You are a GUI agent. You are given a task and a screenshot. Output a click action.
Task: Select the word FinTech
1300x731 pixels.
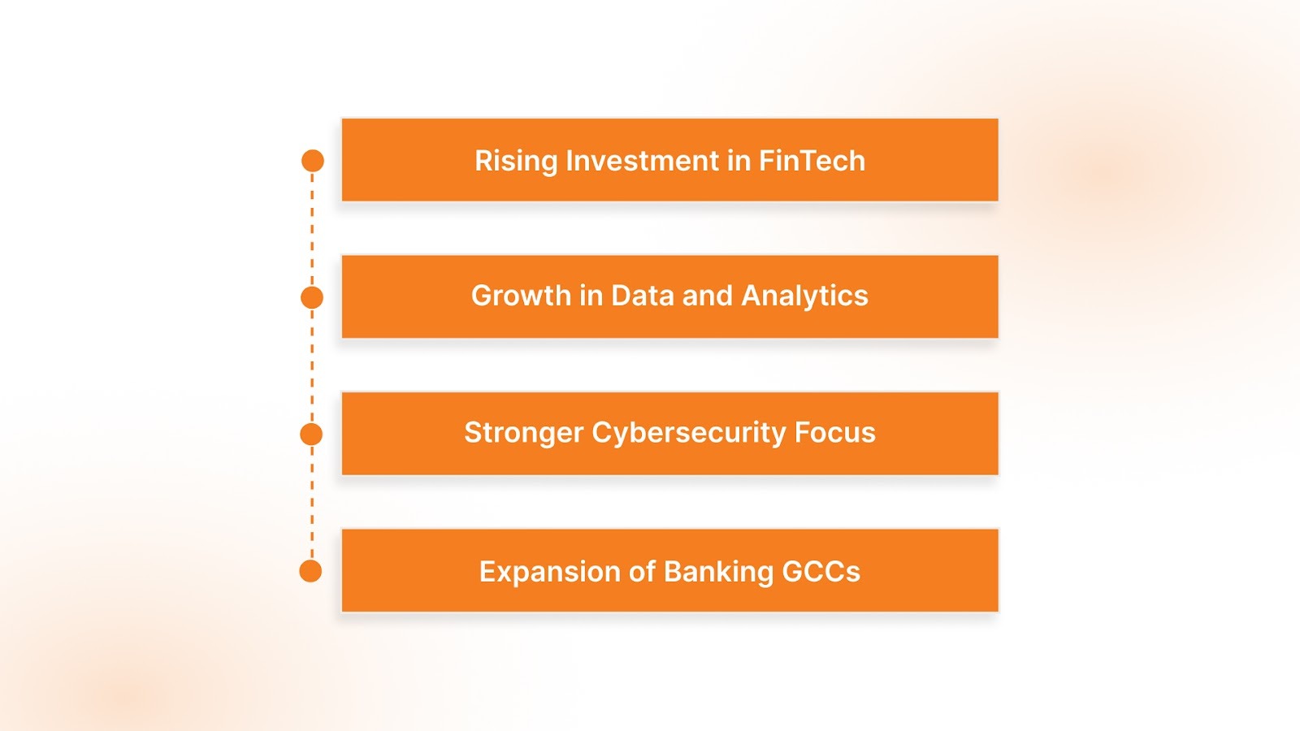[812, 161]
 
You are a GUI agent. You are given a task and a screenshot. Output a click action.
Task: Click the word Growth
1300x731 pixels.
[521, 296]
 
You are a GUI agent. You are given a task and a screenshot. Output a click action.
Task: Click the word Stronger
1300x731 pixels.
[523, 433]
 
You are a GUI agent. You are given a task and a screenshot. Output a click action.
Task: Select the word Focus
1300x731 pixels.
[834, 432]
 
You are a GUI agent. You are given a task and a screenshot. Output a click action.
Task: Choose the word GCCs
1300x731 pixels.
[821, 572]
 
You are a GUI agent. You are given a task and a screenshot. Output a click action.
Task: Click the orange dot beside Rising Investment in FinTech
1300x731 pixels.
[313, 161]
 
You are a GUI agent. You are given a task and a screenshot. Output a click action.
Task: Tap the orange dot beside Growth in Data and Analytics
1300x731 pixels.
[312, 297]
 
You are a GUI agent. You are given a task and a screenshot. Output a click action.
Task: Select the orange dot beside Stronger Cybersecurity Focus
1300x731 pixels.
[311, 435]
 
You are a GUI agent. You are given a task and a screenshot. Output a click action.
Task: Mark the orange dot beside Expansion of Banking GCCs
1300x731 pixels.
[310, 571]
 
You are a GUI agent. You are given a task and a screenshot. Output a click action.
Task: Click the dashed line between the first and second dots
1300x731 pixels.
[312, 229]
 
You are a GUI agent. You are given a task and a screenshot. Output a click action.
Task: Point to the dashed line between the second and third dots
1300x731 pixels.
[312, 365]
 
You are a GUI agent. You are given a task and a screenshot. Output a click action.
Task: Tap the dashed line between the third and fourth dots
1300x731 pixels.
[312, 503]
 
